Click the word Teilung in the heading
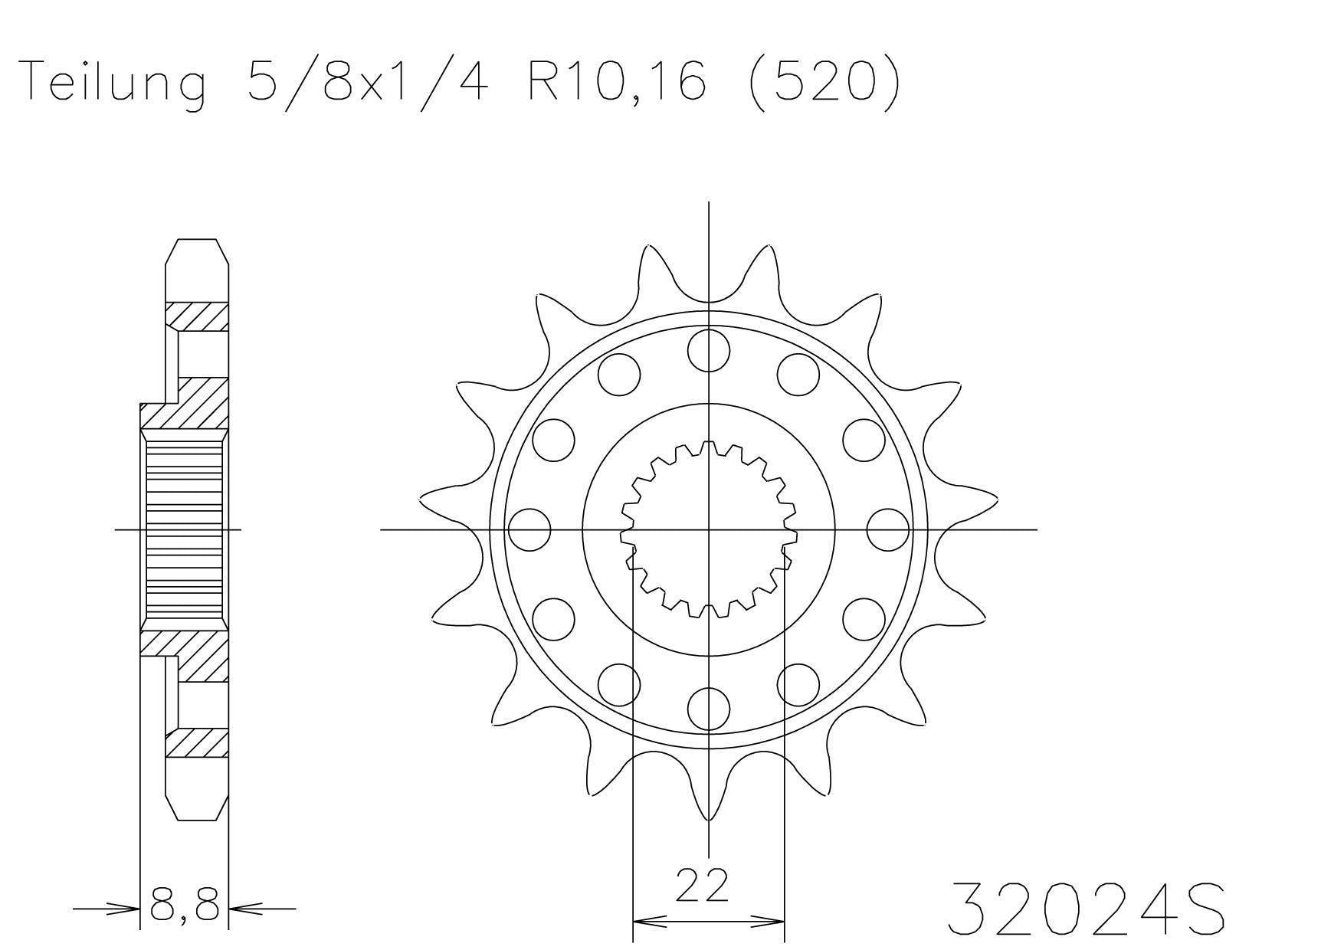click(x=115, y=83)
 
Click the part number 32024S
click(x=1086, y=909)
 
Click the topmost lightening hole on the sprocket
click(x=708, y=349)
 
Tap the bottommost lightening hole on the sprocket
click(x=708, y=709)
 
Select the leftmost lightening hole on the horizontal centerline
click(x=529, y=529)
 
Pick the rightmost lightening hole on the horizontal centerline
click(x=888, y=529)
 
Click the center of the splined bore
click(x=708, y=529)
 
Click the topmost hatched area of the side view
click(x=198, y=316)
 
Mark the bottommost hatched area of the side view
click(x=198, y=742)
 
